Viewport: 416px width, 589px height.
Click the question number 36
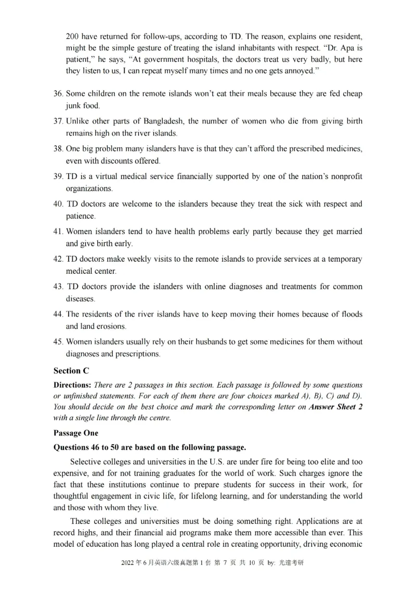[58, 94]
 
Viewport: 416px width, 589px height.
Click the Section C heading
[71, 371]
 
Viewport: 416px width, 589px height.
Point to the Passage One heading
[75, 433]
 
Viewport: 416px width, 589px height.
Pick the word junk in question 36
[75, 106]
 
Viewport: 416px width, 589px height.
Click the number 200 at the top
[73, 36]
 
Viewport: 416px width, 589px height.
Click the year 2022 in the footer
[128, 578]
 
